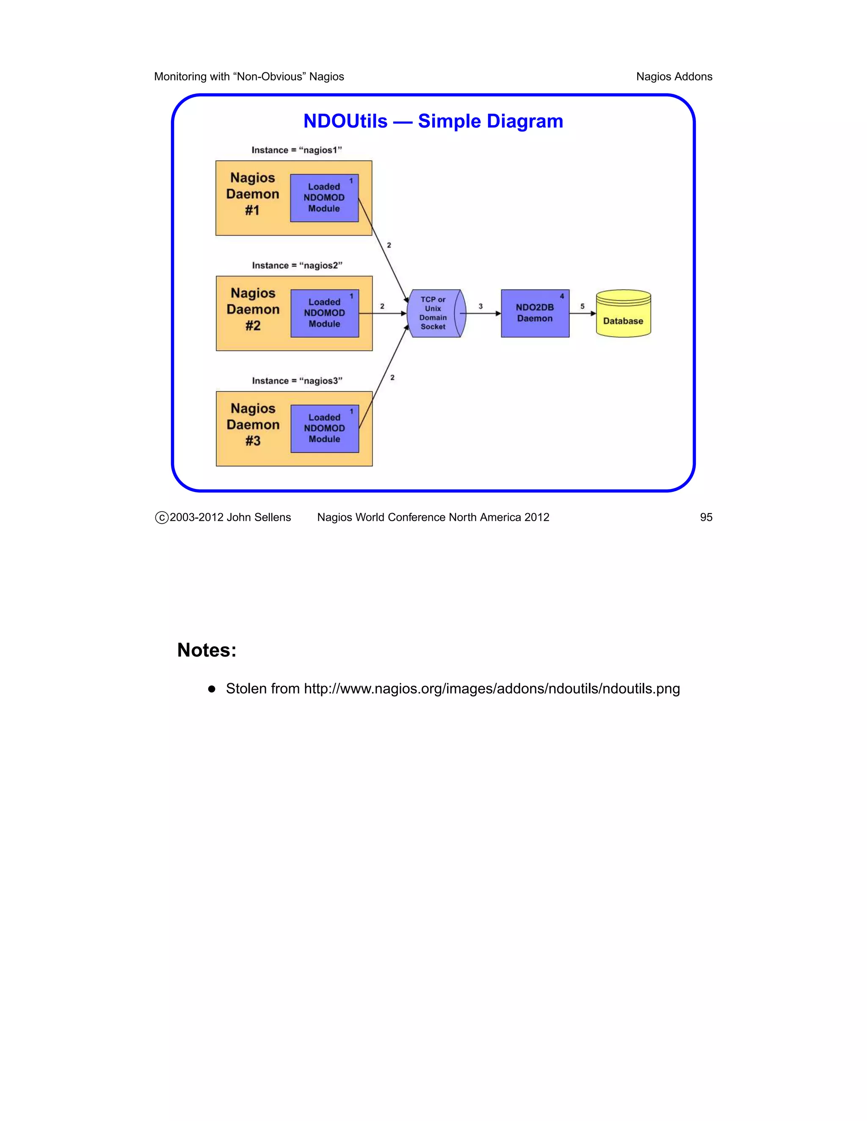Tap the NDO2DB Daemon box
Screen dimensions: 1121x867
click(535, 313)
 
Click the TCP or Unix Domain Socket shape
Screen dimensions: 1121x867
click(434, 313)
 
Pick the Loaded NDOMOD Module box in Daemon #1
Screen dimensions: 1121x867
click(324, 198)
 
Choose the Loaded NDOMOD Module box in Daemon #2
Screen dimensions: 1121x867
click(325, 313)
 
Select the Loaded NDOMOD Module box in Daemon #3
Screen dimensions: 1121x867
click(325, 429)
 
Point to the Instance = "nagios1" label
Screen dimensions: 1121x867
click(296, 150)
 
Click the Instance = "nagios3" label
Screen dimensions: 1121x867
click(297, 381)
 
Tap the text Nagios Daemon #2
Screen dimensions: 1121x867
click(253, 310)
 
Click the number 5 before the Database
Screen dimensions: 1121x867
click(583, 306)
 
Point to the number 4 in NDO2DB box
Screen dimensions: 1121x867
click(562, 296)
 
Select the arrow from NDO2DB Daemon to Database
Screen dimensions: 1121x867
click(583, 313)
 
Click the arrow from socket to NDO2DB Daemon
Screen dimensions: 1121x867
click(483, 313)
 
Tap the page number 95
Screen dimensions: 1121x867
click(706, 517)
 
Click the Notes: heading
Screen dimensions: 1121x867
click(207, 650)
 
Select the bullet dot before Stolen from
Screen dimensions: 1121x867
click(212, 690)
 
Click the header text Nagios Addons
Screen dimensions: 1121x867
click(674, 77)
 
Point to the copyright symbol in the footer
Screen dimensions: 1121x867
click(162, 518)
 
